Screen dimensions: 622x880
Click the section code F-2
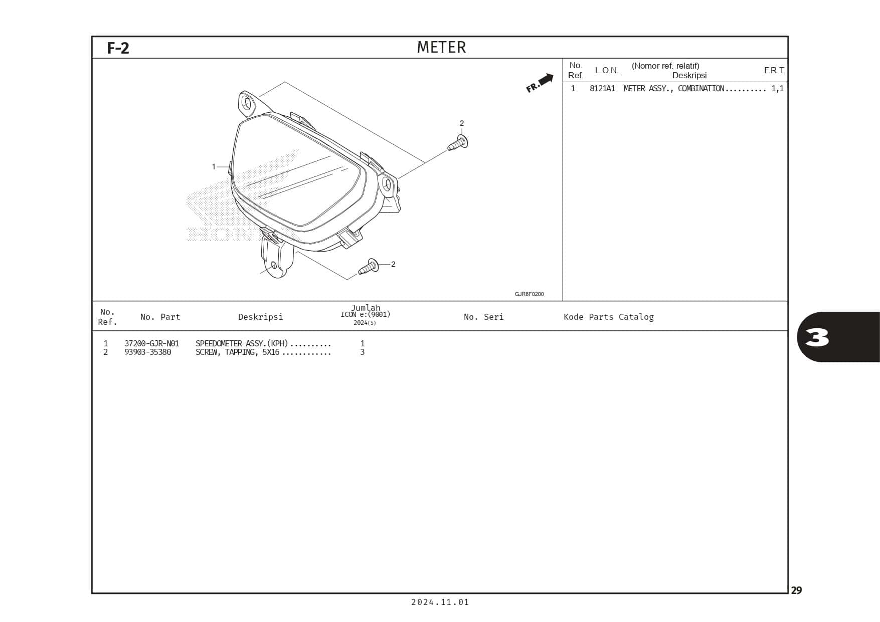(118, 48)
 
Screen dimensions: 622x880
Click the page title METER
(441, 47)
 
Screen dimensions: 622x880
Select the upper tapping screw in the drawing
(458, 143)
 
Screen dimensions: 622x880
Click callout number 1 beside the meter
(214, 166)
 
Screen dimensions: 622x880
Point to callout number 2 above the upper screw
(462, 123)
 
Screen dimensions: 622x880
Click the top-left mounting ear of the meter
(247, 103)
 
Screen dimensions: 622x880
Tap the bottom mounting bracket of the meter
(277, 259)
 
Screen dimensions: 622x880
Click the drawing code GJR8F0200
(529, 294)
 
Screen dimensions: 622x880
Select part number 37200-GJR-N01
(151, 343)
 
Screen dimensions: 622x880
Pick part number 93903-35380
(147, 352)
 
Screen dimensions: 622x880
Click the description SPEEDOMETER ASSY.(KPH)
(242, 343)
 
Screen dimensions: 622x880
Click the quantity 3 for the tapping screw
(362, 352)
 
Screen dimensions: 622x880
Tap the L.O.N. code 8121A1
(602, 89)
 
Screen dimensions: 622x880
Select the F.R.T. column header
(774, 70)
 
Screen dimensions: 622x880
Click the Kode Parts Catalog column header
(608, 317)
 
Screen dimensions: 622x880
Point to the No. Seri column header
(483, 317)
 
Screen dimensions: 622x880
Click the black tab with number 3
(837, 337)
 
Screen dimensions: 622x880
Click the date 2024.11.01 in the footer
(440, 602)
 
